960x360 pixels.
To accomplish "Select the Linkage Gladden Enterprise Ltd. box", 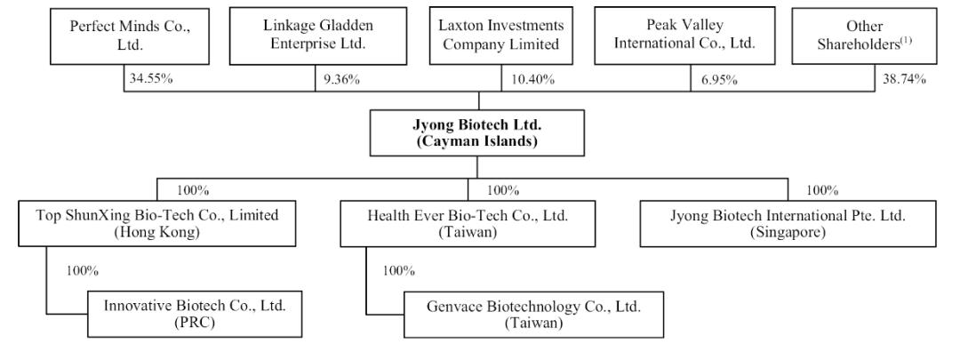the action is coord(317,36).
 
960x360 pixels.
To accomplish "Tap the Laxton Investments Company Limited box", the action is coord(500,36).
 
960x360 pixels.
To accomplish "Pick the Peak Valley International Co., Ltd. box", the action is coord(684,36).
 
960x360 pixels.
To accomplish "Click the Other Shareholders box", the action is coord(864,36).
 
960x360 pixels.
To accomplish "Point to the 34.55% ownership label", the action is coord(150,79).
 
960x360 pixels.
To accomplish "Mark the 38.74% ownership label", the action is coord(904,79).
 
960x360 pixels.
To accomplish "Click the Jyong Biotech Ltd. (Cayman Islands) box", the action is coord(477,132).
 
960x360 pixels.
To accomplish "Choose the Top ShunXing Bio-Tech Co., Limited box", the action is coord(156,223).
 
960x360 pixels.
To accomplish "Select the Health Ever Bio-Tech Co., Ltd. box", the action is coord(468,223).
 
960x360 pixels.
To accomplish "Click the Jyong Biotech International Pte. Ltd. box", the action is coord(788,223).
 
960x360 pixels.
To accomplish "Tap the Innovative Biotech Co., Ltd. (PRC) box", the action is coord(195,314).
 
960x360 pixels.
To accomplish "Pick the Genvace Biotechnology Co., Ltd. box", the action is coord(533,315).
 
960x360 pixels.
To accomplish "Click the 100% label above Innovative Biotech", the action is coord(83,270).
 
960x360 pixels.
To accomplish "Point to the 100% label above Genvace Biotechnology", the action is coord(399,270).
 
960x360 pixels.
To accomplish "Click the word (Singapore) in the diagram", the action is coord(788,233).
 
